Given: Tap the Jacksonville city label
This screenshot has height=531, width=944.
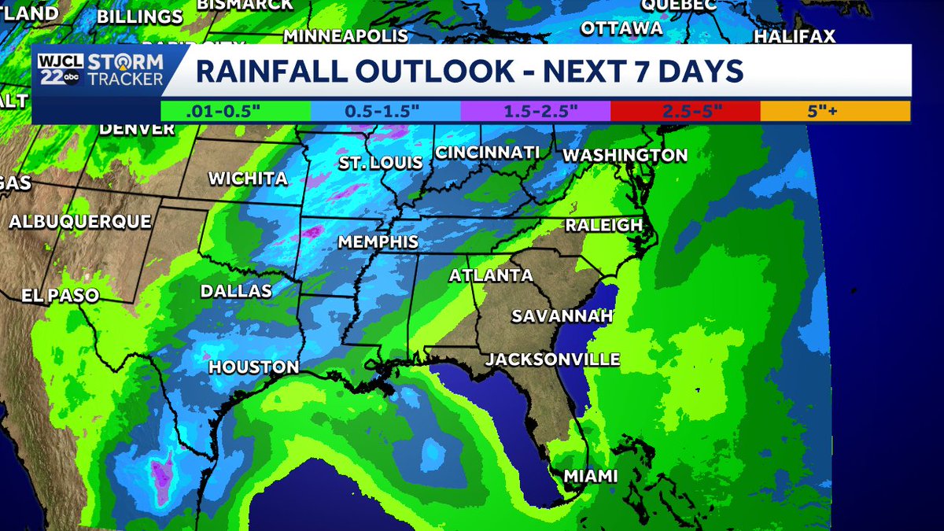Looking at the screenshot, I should click(x=553, y=360).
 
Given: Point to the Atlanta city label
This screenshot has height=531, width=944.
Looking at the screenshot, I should click(x=490, y=275).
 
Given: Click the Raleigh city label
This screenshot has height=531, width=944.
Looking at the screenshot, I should click(x=604, y=225).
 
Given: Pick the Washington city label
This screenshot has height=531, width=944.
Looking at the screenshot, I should click(x=625, y=155).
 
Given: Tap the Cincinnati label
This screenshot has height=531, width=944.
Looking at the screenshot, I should click(x=487, y=152).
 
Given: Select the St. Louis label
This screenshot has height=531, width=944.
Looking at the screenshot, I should click(x=380, y=163).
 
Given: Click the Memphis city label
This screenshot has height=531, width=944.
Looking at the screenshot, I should click(x=378, y=242).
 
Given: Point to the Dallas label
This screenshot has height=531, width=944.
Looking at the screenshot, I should click(x=236, y=291).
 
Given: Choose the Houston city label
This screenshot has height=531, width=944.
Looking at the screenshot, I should click(x=253, y=367).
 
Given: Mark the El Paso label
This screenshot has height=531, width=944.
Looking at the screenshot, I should click(x=61, y=296).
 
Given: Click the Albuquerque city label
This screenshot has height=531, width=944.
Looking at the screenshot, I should click(x=79, y=222).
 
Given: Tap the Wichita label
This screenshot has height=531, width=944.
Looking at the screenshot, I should click(x=247, y=179).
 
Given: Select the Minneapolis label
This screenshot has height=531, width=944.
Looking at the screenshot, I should click(x=345, y=36).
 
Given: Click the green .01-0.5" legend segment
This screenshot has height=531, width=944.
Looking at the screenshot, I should click(x=235, y=111).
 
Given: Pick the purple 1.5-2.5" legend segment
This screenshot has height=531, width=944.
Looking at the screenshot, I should click(x=535, y=111).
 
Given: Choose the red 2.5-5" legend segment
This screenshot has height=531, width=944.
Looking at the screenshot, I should click(x=685, y=111).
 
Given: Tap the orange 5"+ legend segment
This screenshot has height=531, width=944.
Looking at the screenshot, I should click(x=835, y=111).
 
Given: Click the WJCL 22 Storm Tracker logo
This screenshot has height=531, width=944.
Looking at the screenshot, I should click(x=100, y=70).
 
